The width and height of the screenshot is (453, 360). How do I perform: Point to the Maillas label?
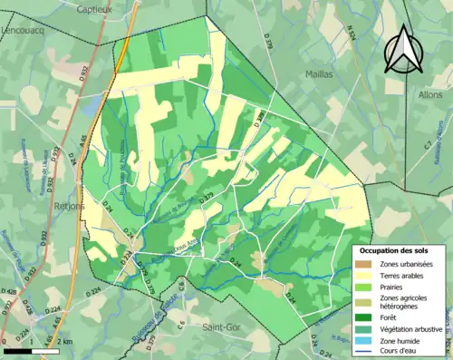point(319,73)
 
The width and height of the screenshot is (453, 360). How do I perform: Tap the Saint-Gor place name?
point(222,326)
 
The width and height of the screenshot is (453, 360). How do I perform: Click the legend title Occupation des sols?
point(400,249)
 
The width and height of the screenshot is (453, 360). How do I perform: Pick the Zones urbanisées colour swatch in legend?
point(366,263)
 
